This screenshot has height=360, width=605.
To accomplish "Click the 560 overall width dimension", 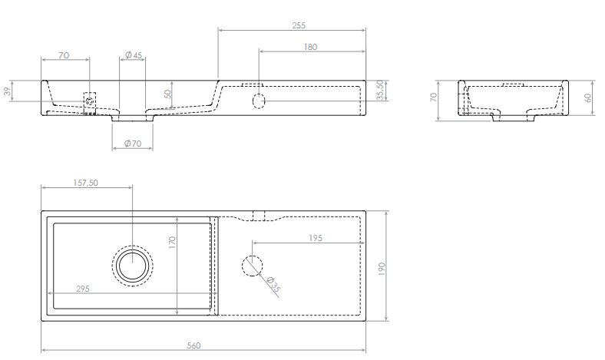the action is tap(193, 345).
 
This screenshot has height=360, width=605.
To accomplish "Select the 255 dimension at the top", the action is tap(299, 25).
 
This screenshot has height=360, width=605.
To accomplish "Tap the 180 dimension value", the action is tap(310, 47).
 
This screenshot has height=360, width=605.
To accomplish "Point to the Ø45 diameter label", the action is tap(134, 55).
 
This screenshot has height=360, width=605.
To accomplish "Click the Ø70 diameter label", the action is tap(133, 144).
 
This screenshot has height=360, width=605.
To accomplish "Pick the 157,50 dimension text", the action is tap(86, 183).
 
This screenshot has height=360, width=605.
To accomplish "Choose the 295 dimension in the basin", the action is tap(83, 289).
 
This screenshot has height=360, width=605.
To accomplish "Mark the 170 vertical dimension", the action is tap(172, 242).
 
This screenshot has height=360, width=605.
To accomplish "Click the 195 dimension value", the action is tap(316, 238).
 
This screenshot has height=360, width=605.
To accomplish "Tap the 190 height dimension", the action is tap(382, 268).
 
